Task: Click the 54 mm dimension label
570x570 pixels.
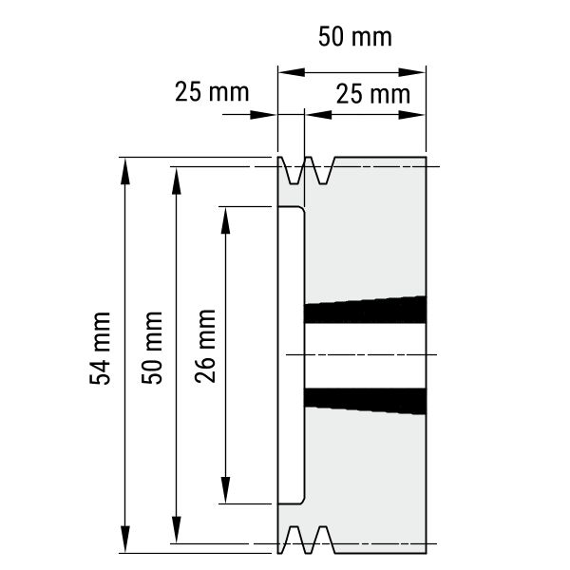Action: [x=100, y=349]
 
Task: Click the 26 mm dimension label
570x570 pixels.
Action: [x=205, y=347]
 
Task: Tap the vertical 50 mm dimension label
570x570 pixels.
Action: [x=152, y=348]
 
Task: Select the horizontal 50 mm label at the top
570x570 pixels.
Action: [x=355, y=37]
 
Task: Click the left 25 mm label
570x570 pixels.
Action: [x=212, y=92]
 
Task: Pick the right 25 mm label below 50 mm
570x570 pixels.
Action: [x=373, y=94]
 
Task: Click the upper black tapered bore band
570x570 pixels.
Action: [x=365, y=310]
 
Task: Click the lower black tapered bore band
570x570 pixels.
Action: [x=365, y=401]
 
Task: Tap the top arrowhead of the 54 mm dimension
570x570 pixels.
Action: [x=125, y=172]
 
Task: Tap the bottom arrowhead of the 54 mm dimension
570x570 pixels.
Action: [x=125, y=539]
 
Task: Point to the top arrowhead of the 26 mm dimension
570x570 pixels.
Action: [x=226, y=220]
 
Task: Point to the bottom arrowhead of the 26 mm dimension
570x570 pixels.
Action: [x=226, y=489]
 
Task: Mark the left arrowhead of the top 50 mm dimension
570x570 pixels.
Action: [x=292, y=72]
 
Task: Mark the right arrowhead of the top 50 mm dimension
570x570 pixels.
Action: [x=412, y=72]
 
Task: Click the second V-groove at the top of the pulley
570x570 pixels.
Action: [x=322, y=170]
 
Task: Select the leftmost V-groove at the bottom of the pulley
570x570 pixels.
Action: [x=293, y=540]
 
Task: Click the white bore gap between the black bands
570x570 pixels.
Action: [x=365, y=356]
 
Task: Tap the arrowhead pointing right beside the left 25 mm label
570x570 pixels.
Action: [x=263, y=115]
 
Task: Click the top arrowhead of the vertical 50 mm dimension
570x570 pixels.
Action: [x=177, y=181]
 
